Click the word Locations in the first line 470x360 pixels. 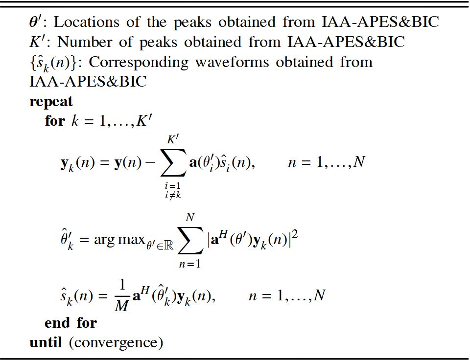click(86, 22)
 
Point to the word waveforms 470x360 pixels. click(232, 62)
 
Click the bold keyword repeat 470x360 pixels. click(51, 102)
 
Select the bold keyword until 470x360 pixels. click(46, 342)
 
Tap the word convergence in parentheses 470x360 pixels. click(116, 343)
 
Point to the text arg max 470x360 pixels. click(119, 240)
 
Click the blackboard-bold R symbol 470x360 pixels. click(169, 246)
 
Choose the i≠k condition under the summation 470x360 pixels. click(173, 196)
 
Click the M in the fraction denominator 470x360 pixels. click(122, 306)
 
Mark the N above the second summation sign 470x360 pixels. click(190, 218)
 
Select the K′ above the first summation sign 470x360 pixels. click(173, 139)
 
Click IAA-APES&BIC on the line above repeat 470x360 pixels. click(88, 82)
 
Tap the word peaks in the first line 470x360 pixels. click(192, 23)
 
